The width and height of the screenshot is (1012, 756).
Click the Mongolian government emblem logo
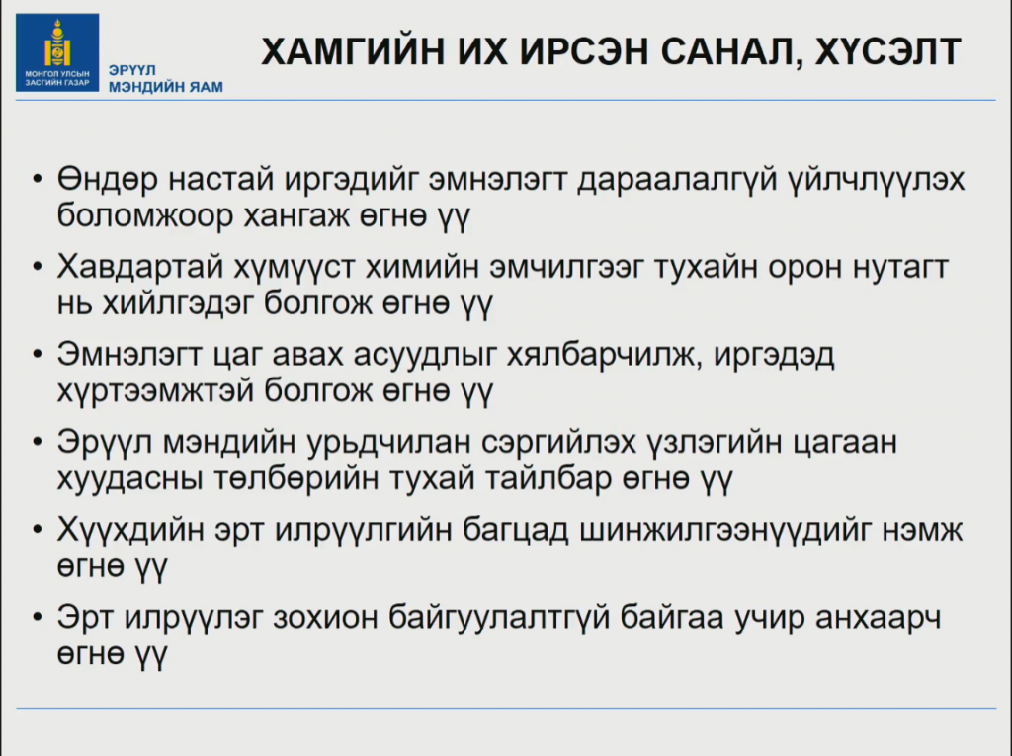point(57,52)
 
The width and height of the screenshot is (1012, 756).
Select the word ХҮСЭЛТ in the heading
point(888,51)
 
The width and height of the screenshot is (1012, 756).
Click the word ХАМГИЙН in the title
point(353,51)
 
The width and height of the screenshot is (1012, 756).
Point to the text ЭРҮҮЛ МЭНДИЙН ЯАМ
point(166,79)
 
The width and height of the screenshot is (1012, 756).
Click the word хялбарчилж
point(604,355)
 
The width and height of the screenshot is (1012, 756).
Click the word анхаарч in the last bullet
point(878,618)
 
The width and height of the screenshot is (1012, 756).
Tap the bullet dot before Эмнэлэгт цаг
point(38,354)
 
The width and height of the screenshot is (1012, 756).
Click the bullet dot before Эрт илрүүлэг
point(38,617)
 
